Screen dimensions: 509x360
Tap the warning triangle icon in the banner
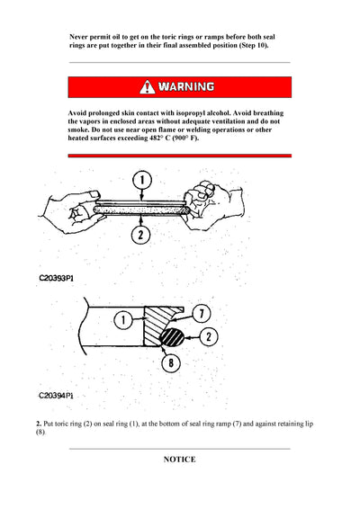coord(147,87)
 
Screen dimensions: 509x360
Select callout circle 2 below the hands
coord(139,236)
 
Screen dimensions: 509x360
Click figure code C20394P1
coord(57,394)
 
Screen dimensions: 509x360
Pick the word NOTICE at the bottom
coord(179,460)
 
